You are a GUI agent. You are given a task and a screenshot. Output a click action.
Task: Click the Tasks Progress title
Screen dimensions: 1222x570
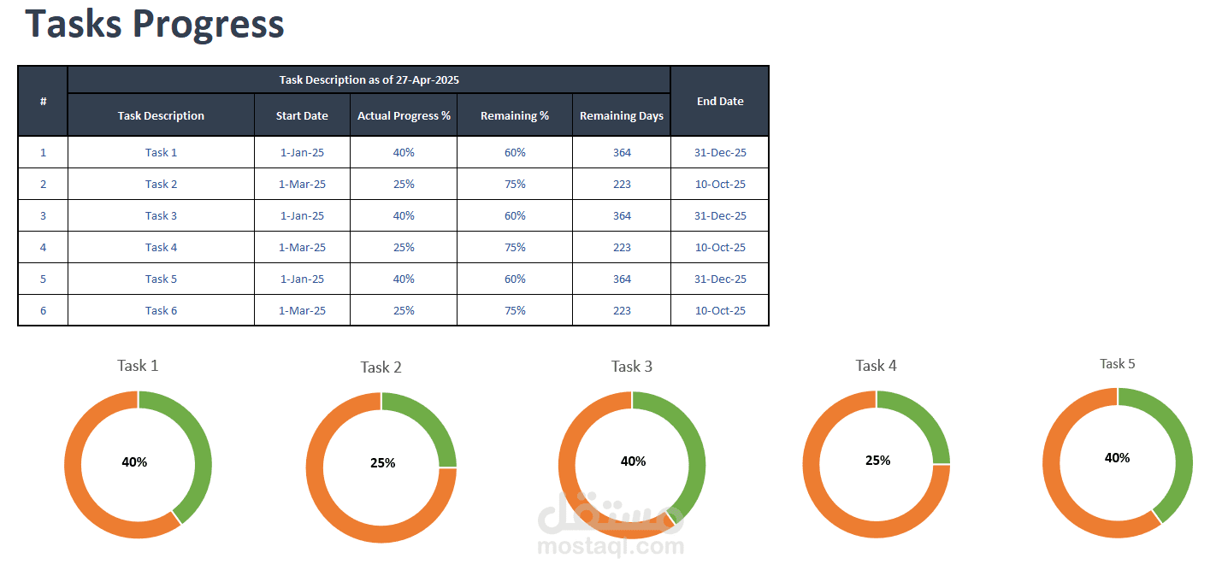[155, 25]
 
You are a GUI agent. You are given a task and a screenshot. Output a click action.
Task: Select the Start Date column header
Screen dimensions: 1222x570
[302, 115]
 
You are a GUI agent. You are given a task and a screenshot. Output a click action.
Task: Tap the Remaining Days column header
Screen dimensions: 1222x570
[622, 115]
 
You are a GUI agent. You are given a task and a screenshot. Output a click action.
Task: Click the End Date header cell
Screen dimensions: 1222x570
[720, 101]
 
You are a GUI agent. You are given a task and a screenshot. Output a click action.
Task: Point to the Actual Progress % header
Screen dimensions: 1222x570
[404, 115]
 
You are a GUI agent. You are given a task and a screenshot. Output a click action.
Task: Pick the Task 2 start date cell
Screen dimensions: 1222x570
[302, 185]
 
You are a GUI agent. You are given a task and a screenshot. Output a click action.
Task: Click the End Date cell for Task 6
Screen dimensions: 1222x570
[720, 310]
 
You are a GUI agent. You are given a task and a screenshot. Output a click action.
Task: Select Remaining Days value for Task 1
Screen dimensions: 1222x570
[622, 153]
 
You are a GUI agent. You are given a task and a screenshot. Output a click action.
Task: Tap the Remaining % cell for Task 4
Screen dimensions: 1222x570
[515, 248]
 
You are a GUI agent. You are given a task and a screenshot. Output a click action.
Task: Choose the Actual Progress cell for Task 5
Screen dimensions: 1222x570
[404, 279]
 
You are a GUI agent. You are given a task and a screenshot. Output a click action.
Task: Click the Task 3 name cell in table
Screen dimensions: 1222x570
[161, 216]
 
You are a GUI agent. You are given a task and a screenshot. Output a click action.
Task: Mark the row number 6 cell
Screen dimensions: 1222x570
[43, 310]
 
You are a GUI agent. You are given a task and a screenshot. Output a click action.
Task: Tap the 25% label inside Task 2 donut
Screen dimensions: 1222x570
[382, 463]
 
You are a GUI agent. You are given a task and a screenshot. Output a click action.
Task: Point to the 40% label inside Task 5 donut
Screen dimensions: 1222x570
[1118, 458]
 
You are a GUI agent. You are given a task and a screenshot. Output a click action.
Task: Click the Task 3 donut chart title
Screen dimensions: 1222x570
[632, 367]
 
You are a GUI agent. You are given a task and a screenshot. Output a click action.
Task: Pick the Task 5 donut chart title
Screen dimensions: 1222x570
[1118, 364]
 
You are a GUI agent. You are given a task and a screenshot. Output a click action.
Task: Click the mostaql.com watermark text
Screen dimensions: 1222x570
[611, 546]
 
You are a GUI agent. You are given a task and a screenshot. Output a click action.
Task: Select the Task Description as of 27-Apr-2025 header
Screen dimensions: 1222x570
[369, 80]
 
